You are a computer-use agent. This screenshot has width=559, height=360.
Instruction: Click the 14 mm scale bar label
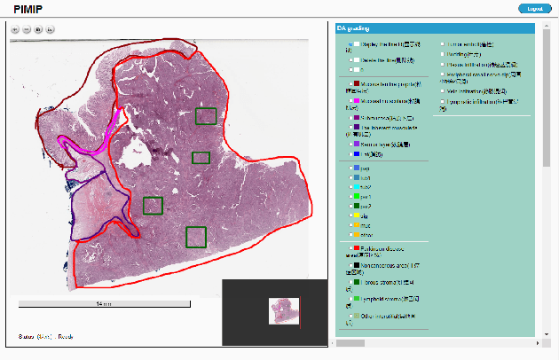[x=103, y=304]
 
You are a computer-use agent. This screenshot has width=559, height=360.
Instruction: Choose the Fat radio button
[x=350, y=154]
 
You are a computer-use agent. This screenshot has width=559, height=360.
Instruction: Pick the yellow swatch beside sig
[x=356, y=215]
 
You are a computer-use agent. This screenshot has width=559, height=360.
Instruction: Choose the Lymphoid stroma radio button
[x=350, y=300]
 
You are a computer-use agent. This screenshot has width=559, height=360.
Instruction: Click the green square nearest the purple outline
[x=153, y=206]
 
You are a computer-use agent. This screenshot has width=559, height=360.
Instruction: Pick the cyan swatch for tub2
[x=356, y=186]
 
